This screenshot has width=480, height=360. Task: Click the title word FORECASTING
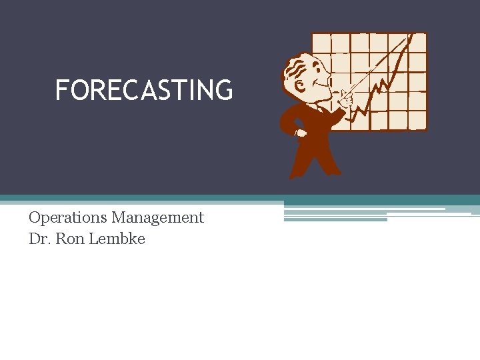(144, 90)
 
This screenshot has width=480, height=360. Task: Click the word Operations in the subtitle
(69, 217)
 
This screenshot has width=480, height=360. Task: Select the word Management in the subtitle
(157, 217)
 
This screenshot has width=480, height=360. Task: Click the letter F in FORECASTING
(61, 90)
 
